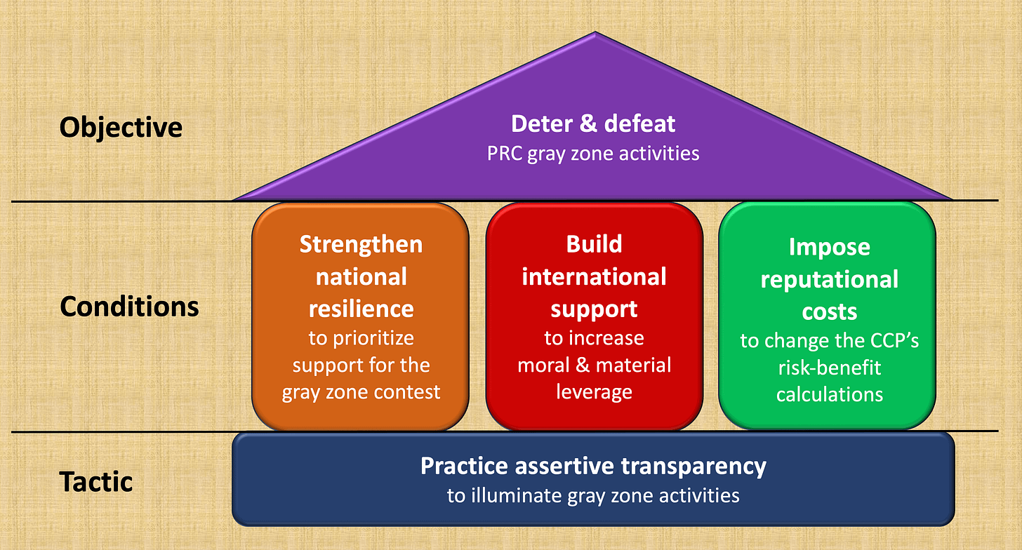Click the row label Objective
point(121,128)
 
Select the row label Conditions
point(129,307)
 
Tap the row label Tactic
point(96,482)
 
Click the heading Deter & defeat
point(593,123)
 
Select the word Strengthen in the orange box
point(361,244)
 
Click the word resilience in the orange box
point(361,308)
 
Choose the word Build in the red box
point(594,244)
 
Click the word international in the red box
point(594,276)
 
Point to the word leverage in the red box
point(594,391)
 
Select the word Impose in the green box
point(829,247)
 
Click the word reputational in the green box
point(829,279)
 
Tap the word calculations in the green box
point(829,394)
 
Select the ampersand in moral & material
point(578,365)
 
